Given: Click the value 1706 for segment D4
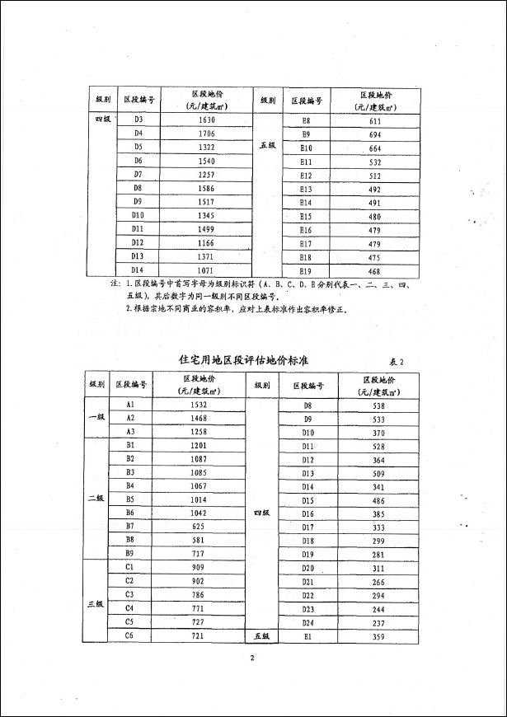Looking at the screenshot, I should (x=206, y=134).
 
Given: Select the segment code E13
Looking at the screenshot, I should (x=306, y=189).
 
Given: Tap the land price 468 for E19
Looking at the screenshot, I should (x=374, y=271).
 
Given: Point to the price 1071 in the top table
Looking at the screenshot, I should (x=206, y=270).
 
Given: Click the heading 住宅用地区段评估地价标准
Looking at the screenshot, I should (x=244, y=360).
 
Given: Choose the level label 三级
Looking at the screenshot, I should (x=96, y=604).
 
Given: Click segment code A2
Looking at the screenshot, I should (x=130, y=418).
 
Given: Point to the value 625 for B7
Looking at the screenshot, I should (x=198, y=526).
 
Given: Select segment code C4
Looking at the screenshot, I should (x=130, y=607).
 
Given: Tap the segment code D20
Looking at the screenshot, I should (x=308, y=569).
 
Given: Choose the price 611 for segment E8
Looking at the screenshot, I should (x=374, y=120).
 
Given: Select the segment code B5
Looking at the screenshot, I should (x=130, y=499).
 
